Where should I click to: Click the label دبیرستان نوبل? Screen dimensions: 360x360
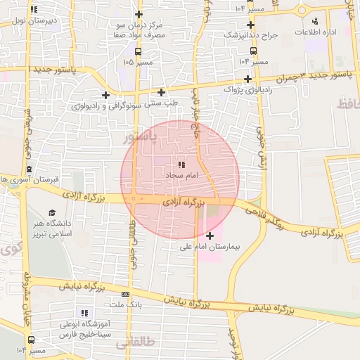tap(32, 21)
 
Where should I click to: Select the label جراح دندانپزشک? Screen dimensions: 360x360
tap(251, 34)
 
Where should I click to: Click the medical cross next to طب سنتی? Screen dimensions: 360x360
tap(162, 92)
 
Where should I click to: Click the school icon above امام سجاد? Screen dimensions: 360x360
tap(173, 162)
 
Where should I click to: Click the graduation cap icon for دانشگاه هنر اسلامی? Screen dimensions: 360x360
tap(52, 212)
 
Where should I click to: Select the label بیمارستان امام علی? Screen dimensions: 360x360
tap(210, 247)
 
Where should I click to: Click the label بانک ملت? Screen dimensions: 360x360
tap(126, 305)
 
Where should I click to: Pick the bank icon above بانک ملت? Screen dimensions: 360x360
tap(126, 295)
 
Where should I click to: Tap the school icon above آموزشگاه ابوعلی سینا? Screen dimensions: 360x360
tap(85, 313)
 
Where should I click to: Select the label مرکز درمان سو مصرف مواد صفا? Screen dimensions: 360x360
tap(140, 29)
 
